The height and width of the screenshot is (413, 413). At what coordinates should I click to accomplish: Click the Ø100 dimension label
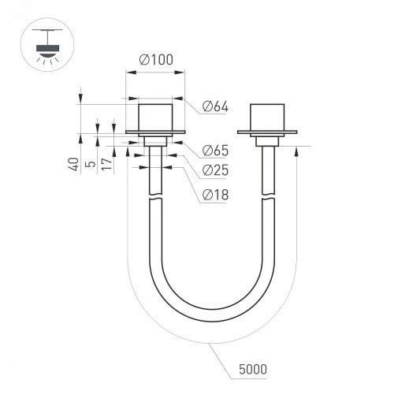(156, 60)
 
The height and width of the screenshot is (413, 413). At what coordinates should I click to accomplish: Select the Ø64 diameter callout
(215, 106)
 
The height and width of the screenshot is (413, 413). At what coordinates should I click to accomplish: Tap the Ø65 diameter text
(215, 150)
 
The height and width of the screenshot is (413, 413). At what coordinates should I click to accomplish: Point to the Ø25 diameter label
(215, 170)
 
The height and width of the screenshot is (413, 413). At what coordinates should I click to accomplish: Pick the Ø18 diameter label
(215, 194)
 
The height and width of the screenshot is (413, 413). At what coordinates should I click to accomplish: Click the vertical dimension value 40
(73, 164)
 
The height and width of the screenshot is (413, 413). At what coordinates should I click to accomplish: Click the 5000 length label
(251, 369)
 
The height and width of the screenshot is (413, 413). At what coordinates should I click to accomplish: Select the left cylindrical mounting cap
(155, 117)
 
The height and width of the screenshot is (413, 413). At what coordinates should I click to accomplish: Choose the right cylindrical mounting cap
(266, 117)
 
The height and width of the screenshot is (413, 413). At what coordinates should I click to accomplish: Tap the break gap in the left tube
(156, 199)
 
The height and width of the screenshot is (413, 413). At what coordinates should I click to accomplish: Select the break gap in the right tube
(268, 199)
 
